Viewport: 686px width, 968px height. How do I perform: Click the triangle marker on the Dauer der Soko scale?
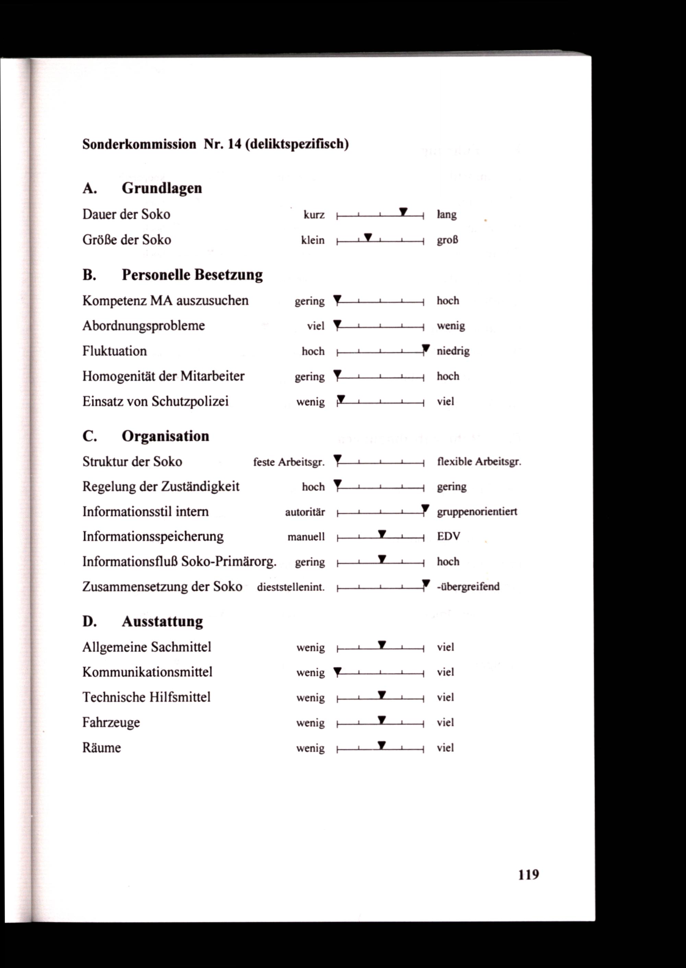(403, 211)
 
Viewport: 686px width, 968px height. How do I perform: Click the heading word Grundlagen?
(162, 188)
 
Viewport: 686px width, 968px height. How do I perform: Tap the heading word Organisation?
(165, 436)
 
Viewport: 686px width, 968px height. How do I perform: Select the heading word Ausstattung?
(162, 621)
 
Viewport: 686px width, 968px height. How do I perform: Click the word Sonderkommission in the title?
(139, 144)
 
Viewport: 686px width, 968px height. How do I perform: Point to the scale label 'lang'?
(447, 215)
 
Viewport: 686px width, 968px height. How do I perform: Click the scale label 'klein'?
(312, 240)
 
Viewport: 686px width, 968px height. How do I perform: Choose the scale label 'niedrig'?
(453, 351)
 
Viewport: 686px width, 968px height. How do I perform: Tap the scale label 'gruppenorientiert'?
(477, 512)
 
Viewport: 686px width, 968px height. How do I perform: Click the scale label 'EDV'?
(448, 536)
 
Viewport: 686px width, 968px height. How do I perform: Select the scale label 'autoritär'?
(305, 512)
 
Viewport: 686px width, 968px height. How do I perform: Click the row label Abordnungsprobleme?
(144, 326)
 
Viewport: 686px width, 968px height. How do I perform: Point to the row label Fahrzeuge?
(111, 723)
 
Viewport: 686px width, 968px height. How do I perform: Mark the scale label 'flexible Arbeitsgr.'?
(479, 462)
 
